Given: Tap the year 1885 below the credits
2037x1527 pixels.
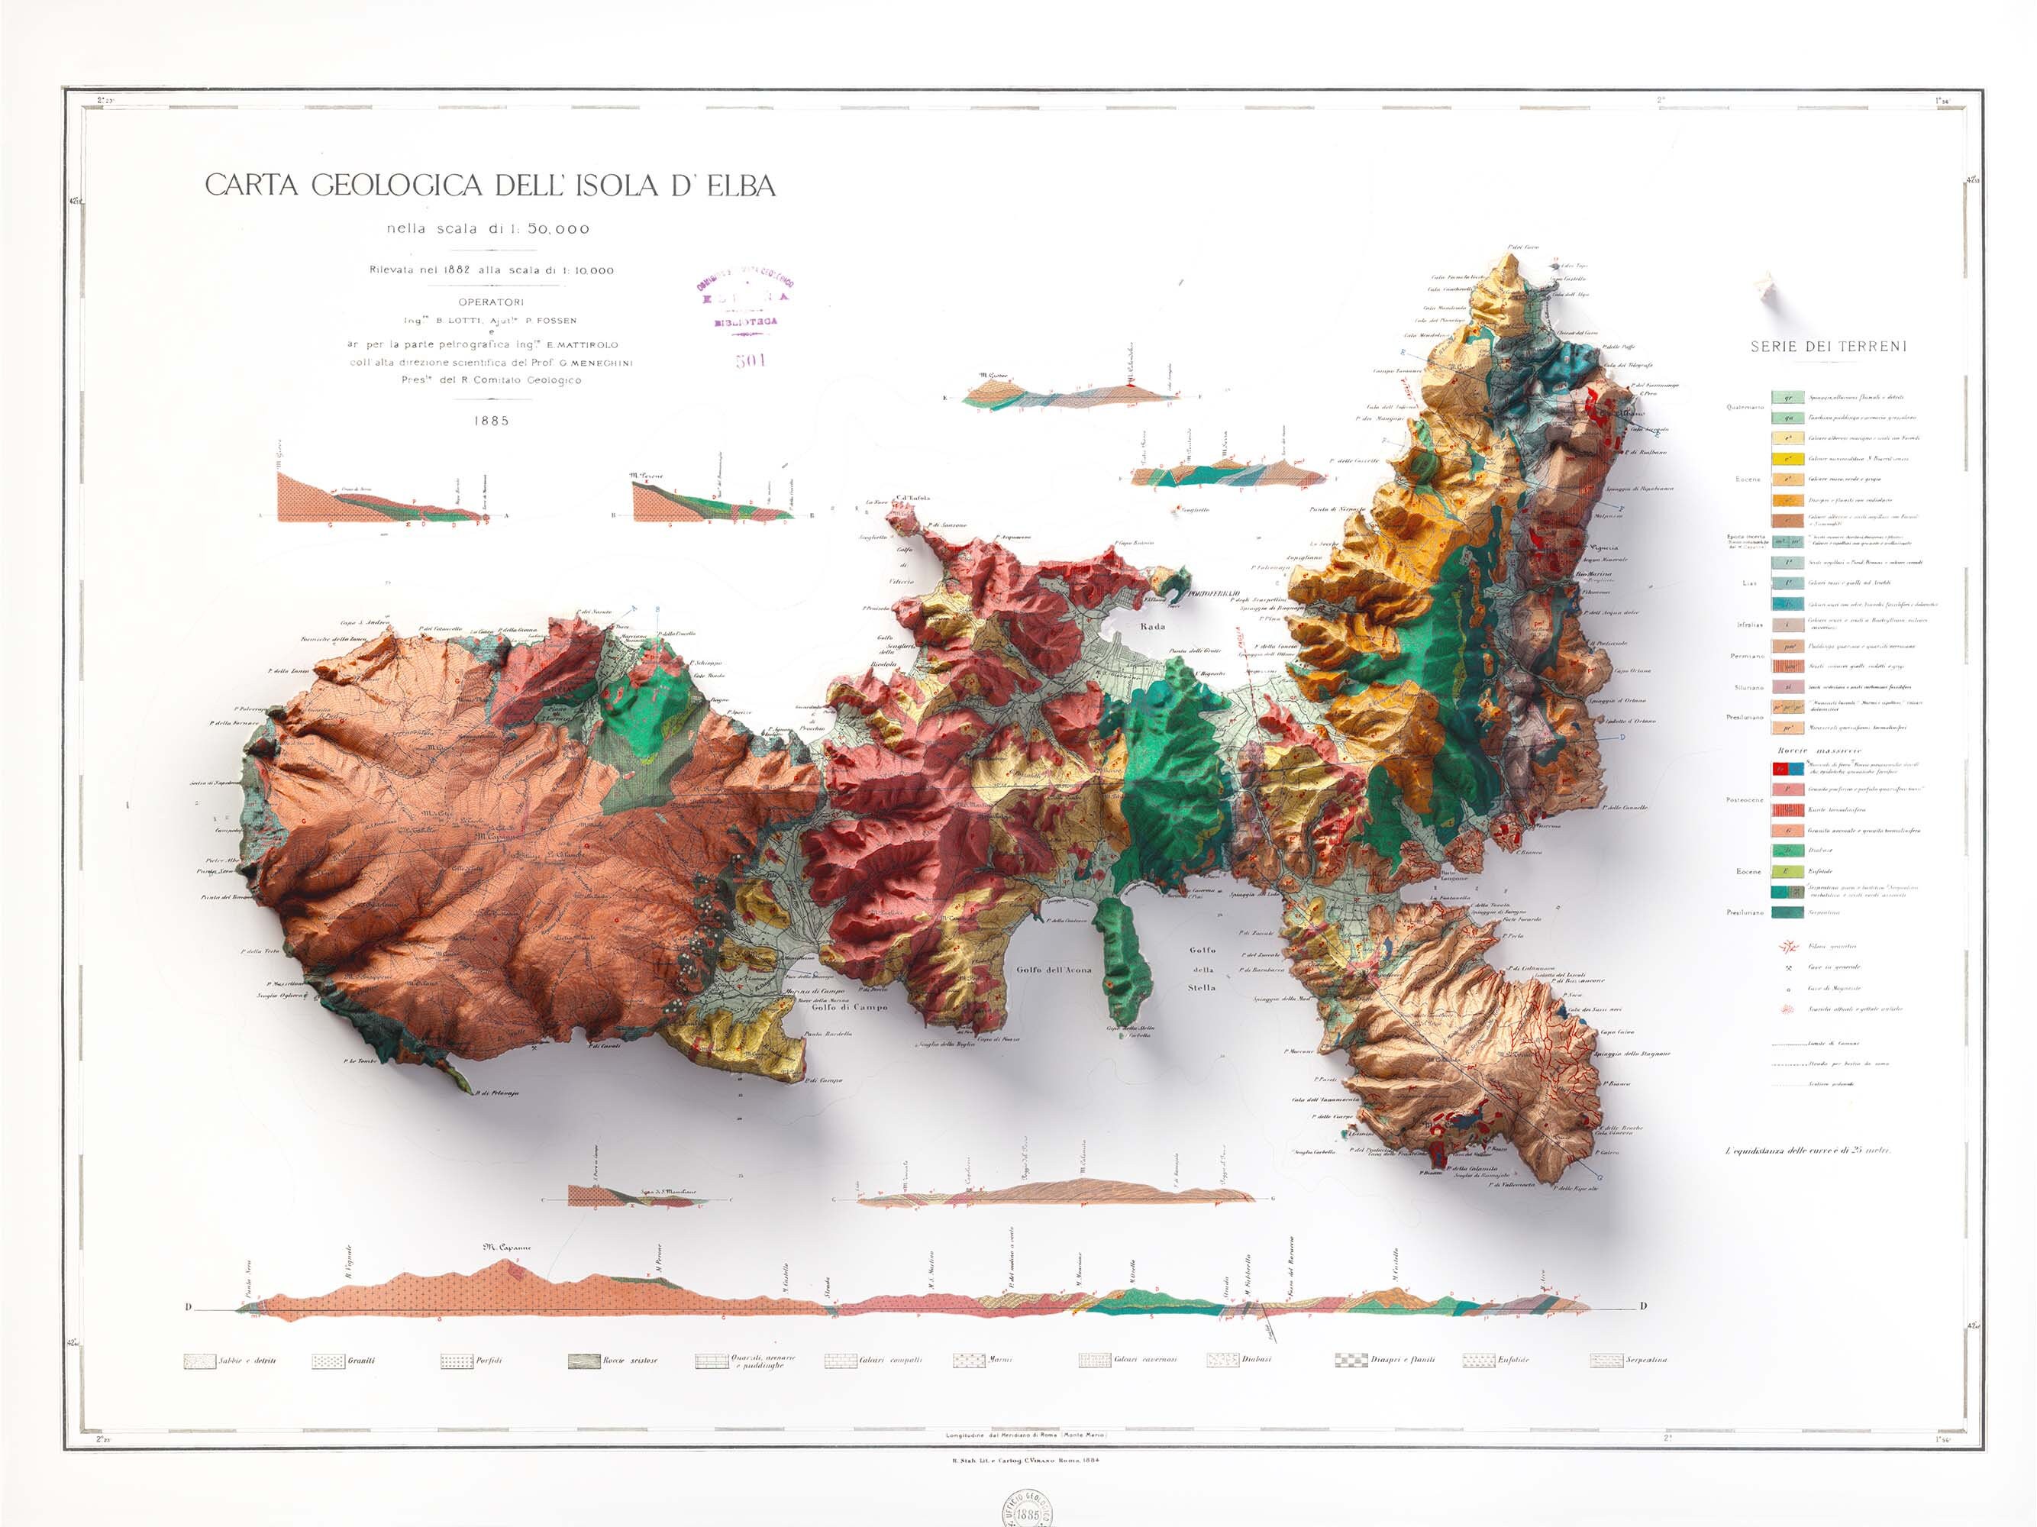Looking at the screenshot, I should (x=492, y=421).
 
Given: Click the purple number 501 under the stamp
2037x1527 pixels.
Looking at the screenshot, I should (x=751, y=360).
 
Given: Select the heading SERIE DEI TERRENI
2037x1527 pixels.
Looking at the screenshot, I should (x=1828, y=347).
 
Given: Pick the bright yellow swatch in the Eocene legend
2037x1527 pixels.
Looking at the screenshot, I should (x=1787, y=459).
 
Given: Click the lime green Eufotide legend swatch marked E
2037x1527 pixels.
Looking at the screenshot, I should (x=1787, y=870).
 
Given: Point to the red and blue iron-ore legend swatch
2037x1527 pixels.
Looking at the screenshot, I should (x=1787, y=768).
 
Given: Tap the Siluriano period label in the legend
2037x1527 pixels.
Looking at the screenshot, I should (x=1748, y=687).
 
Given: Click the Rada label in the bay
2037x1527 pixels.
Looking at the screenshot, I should (x=1153, y=626).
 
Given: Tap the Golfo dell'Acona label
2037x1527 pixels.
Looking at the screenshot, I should (x=1054, y=970).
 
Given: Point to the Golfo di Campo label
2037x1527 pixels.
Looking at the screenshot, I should (x=850, y=1006).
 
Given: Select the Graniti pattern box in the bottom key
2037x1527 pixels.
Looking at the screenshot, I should (x=327, y=1361).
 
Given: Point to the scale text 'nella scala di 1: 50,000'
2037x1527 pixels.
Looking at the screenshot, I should (x=488, y=229).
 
